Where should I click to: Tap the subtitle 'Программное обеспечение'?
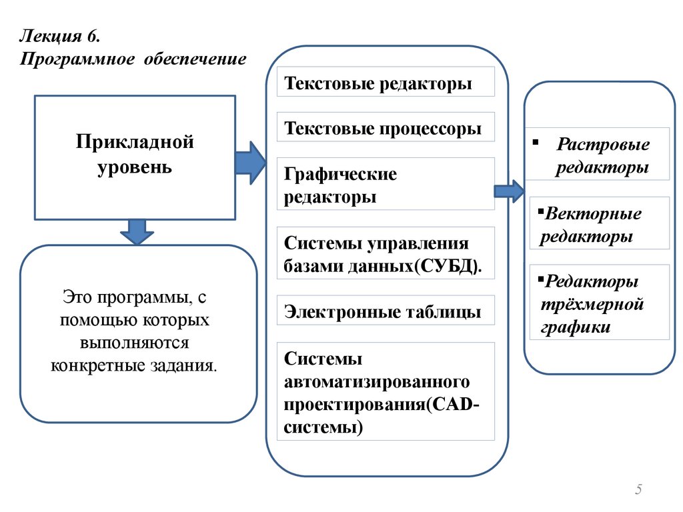click(133, 59)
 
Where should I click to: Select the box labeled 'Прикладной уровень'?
click(135, 157)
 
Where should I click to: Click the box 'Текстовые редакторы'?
click(385, 83)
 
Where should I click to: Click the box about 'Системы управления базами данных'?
click(385, 253)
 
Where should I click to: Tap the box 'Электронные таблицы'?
click(385, 311)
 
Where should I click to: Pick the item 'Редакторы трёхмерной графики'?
click(598, 304)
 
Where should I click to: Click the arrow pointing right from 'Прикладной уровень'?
click(250, 163)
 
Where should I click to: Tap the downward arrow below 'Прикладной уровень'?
click(136, 231)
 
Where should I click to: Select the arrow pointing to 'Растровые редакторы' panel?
click(508, 191)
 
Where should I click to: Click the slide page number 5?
click(638, 490)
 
